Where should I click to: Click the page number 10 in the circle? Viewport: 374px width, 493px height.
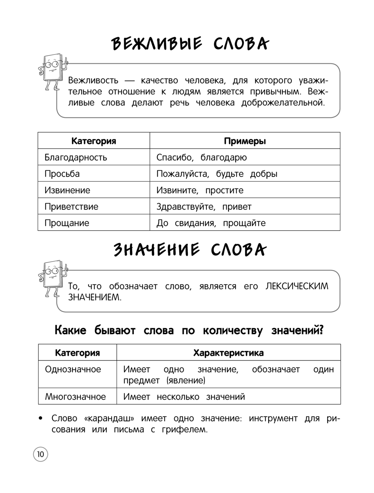tap(40, 454)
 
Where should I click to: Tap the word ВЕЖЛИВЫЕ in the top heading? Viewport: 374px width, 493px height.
tap(157, 44)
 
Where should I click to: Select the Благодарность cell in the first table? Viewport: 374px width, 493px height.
tap(76, 157)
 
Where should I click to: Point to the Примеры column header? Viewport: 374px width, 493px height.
tap(245, 141)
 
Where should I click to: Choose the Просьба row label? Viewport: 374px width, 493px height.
tap(62, 174)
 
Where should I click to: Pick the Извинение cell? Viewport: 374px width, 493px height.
tap(67, 190)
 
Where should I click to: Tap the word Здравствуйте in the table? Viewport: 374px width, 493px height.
tap(186, 207)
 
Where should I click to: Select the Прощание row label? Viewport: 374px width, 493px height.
tap(67, 223)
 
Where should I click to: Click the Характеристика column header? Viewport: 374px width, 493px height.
tap(228, 353)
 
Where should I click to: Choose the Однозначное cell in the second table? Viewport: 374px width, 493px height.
tap(73, 369)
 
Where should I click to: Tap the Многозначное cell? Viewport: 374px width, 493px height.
tap(76, 397)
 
